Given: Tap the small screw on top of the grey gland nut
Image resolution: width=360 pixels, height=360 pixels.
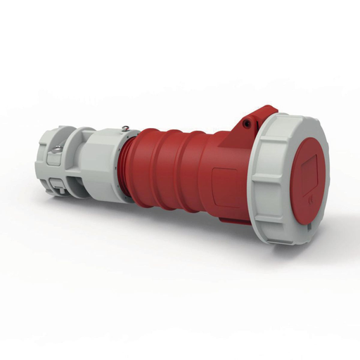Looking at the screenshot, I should [x=124, y=128].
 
